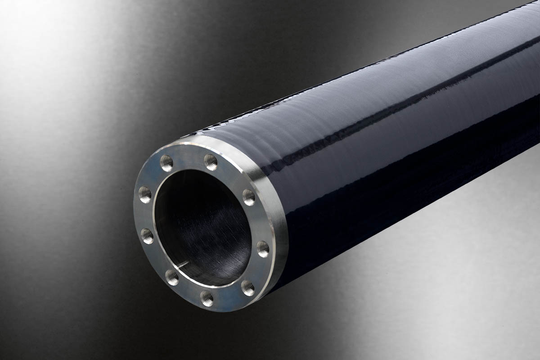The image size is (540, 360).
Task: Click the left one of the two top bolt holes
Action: [x=166, y=162]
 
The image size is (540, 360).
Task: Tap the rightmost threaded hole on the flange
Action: [x=263, y=248]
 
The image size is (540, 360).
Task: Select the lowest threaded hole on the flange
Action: [x=207, y=297]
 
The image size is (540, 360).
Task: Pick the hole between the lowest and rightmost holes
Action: [x=247, y=287]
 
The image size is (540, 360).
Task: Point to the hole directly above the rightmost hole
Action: [x=249, y=197]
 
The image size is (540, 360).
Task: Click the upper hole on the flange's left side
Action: [x=145, y=194]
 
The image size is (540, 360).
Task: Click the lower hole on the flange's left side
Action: [x=147, y=235]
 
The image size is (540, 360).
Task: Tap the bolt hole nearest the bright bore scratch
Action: [x=172, y=276]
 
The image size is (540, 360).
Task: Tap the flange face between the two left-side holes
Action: [x=143, y=215]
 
